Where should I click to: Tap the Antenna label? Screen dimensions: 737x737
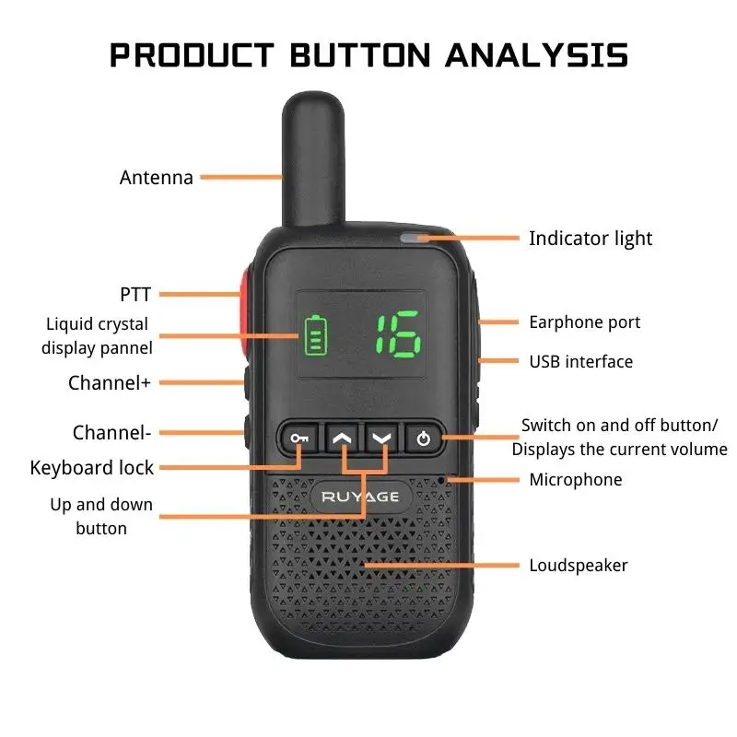157,178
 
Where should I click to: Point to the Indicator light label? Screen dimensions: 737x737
590,239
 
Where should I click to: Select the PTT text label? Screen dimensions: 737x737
135,295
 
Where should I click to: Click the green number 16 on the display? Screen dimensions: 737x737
397,333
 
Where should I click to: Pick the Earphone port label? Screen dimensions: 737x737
584,322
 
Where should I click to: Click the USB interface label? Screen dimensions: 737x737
580,362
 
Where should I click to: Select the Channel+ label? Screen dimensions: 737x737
109,383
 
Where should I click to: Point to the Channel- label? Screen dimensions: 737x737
111,433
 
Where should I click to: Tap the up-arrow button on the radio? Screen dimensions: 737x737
342,438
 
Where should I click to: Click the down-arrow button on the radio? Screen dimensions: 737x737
381,438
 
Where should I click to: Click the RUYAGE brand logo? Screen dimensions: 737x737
360,497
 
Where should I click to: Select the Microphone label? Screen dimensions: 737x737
575,480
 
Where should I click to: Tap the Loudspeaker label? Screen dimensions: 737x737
578,565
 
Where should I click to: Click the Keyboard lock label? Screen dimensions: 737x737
92,468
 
